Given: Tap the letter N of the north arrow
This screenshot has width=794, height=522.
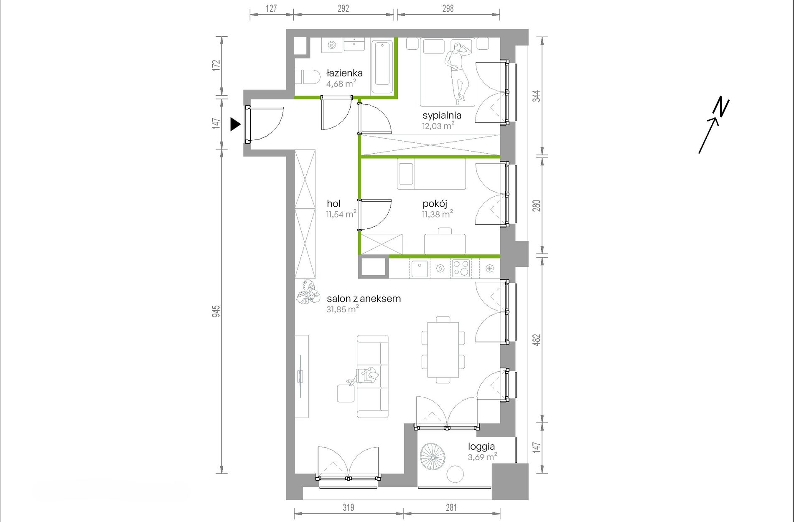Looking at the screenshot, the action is tap(721, 107).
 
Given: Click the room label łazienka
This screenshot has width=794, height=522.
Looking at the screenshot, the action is tap(344, 73).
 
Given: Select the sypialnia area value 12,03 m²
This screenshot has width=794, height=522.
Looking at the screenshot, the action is tap(438, 125).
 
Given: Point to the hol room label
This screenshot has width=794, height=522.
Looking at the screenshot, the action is tap(333, 203).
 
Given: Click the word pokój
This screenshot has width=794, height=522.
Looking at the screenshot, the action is tap(435, 204).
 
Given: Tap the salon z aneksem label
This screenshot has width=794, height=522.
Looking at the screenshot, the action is tap(364, 299).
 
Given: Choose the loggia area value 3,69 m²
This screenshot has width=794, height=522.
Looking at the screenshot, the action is tap(482, 456).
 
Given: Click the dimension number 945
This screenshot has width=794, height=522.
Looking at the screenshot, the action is tap(216, 312).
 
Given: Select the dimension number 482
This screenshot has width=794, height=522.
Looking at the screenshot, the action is tap(537, 340).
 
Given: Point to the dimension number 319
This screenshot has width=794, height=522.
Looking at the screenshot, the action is tap(349, 507).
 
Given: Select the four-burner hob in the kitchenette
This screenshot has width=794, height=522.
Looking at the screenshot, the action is tap(461, 268).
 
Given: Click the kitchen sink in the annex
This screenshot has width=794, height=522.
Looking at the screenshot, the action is tap(419, 269).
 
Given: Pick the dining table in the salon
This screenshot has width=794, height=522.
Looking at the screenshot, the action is tap(443, 350).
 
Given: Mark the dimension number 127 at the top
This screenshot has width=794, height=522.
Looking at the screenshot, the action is tap(271, 8).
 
